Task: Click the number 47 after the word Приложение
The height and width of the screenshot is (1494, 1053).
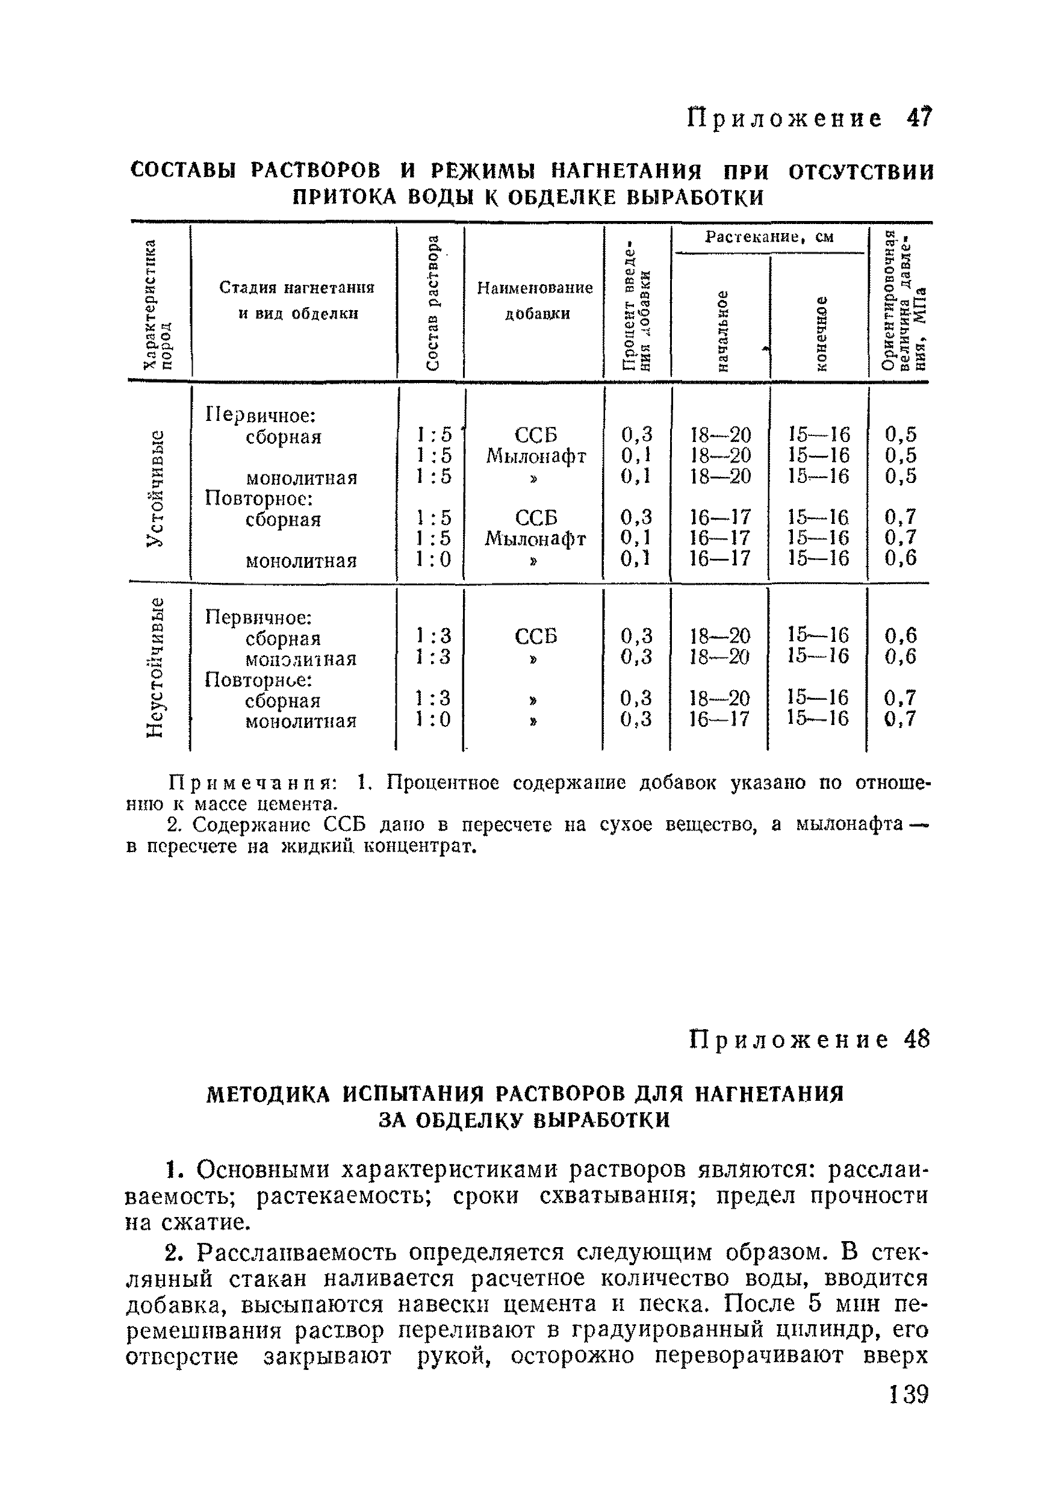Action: tap(918, 118)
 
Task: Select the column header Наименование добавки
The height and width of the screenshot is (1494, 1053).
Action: tap(535, 300)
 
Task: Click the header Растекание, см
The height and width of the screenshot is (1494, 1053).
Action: tap(769, 237)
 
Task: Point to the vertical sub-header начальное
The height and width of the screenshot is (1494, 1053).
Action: tap(721, 331)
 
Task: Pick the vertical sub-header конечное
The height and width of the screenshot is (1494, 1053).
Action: tap(821, 332)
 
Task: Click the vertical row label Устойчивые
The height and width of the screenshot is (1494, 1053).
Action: tap(155, 489)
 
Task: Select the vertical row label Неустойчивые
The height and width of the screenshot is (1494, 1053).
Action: tap(155, 668)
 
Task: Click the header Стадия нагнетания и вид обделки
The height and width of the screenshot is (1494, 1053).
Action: tap(297, 300)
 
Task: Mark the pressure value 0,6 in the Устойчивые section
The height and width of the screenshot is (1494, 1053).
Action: tap(900, 558)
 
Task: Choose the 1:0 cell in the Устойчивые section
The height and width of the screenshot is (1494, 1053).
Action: tap(434, 559)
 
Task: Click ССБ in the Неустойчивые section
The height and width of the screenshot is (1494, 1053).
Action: tap(536, 636)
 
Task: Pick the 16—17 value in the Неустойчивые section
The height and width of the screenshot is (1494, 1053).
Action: tap(719, 719)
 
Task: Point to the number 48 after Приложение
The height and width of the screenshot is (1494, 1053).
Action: tap(916, 1039)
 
